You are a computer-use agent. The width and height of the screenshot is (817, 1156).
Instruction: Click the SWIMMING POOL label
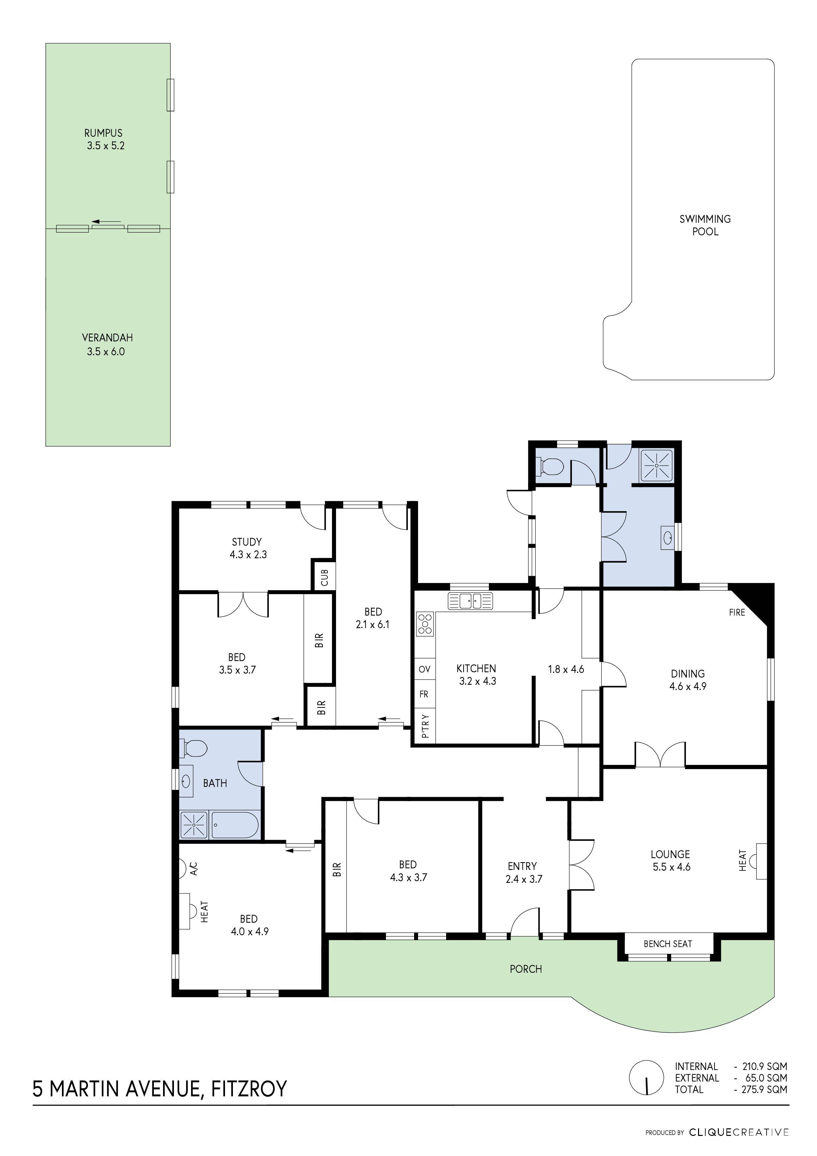[705, 225]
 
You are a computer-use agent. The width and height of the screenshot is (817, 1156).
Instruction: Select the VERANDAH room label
[107, 338]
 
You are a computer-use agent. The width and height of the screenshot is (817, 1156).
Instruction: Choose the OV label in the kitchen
[424, 669]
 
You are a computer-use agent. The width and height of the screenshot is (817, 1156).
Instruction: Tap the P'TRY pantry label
[424, 726]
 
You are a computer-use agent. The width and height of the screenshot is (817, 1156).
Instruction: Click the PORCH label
[525, 969]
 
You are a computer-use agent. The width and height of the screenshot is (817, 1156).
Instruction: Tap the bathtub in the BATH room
[235, 825]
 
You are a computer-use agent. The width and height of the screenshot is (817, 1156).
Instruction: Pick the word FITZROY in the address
[249, 1088]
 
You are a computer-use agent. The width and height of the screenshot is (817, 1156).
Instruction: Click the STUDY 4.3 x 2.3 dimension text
[248, 554]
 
